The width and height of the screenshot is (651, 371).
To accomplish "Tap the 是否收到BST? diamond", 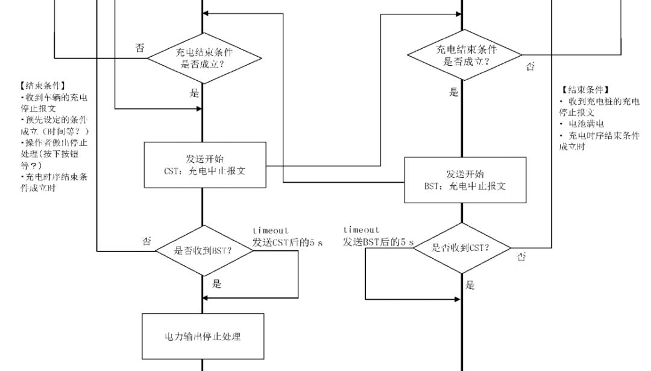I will point(203,251).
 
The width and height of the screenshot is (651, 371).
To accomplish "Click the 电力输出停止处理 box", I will point(203,337).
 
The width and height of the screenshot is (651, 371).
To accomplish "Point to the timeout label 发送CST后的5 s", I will point(288,243).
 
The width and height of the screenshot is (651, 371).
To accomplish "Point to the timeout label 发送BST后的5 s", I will point(379,242).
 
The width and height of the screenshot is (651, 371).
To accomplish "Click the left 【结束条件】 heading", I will point(42,86).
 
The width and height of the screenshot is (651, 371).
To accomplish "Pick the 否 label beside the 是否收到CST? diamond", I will point(521,257).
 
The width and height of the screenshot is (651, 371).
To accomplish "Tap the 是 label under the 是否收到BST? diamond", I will point(216,284).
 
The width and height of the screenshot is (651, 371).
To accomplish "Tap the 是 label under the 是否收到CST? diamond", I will point(471,285).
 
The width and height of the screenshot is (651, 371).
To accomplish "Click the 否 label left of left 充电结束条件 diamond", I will point(139,48).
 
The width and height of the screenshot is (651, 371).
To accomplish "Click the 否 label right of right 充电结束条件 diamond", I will point(530,67).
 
